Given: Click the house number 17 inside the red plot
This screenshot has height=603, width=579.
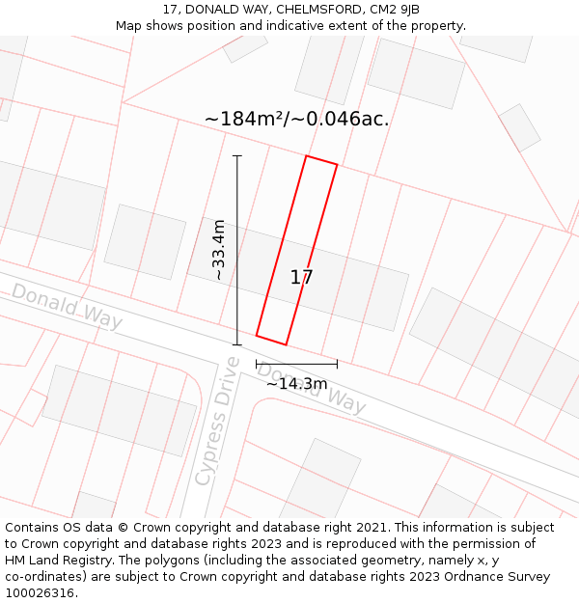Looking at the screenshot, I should [301, 278].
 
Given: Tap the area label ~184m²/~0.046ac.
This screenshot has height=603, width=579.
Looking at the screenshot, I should [296, 120].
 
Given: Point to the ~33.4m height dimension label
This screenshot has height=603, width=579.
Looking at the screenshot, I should [219, 250].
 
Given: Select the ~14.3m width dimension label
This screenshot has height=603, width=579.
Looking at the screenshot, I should [297, 384].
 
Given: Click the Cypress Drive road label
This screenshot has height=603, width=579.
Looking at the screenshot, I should [217, 421].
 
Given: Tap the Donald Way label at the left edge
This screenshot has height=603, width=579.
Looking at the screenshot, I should [67, 305].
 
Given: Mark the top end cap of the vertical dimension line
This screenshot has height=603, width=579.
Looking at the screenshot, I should [237, 155].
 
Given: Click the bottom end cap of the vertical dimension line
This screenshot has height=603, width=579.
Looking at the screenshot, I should [237, 344].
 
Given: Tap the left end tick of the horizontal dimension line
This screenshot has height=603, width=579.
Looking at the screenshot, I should [257, 364].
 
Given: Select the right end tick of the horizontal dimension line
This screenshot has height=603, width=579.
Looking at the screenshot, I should [337, 364].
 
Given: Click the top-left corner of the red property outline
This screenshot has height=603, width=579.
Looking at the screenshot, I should [306, 155].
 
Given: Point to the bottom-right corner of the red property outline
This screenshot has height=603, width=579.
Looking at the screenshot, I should [286, 344].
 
